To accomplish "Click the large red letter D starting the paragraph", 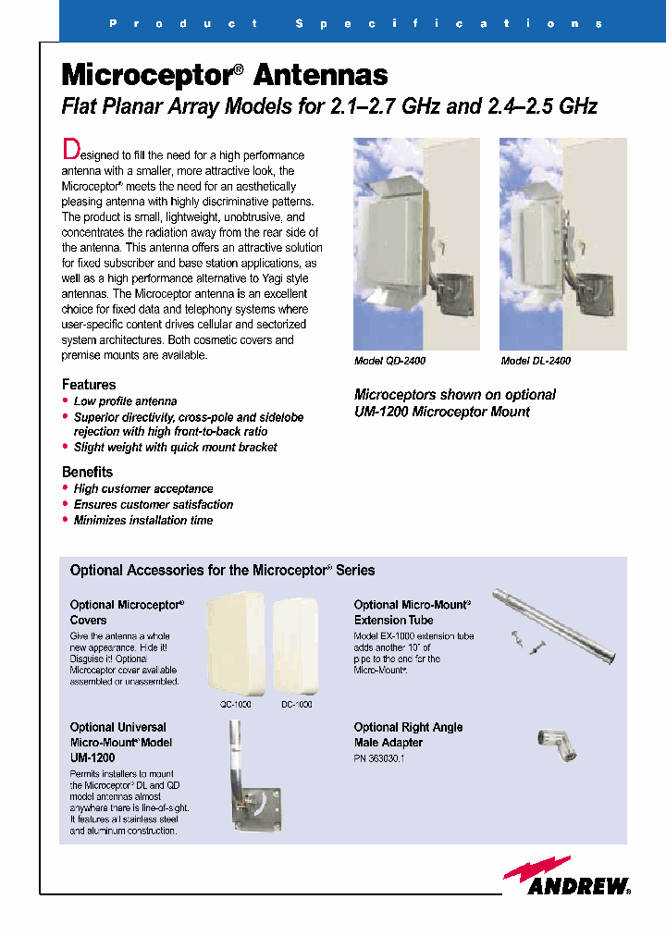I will coord(69,149).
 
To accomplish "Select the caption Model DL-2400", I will coord(536,362).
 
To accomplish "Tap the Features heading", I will coord(89,385).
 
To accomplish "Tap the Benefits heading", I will coord(87,472).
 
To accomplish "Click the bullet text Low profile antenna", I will coord(125,401).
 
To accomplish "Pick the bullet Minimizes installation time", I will coord(142,521).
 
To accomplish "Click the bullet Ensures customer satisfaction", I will coord(153,505).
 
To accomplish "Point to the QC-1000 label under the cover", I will coord(235,704).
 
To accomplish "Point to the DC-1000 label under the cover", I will coord(296,704).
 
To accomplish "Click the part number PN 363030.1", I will coord(379,758).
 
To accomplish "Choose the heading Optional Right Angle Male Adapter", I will coord(408,735).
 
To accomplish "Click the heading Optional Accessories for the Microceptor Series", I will coord(222,571).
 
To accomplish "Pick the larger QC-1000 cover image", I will coord(235,644).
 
